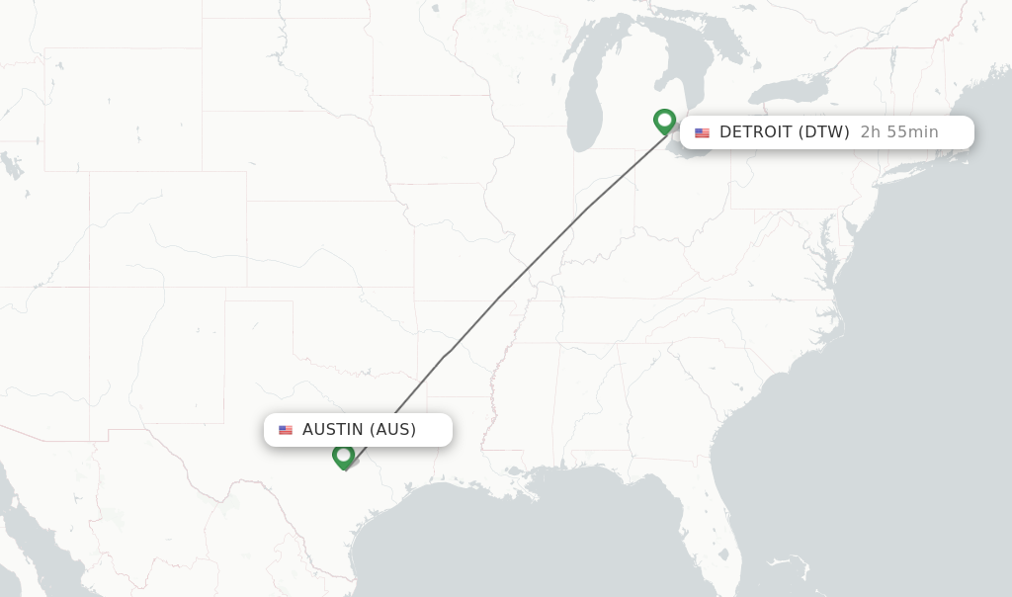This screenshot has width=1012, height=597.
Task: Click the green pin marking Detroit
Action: click(664, 121)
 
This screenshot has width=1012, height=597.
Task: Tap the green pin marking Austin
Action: click(344, 456)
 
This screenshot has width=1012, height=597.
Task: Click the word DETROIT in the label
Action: click(756, 132)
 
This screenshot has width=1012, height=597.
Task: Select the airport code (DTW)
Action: click(824, 132)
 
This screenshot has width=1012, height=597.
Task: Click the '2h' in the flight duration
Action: click(870, 132)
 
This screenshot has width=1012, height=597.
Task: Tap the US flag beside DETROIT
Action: click(702, 133)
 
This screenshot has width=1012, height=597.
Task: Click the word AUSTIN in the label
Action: click(333, 430)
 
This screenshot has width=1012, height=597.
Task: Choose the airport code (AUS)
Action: click(392, 430)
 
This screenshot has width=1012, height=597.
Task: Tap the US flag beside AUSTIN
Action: click(286, 431)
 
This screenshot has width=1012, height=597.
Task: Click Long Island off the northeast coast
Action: click(914, 172)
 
